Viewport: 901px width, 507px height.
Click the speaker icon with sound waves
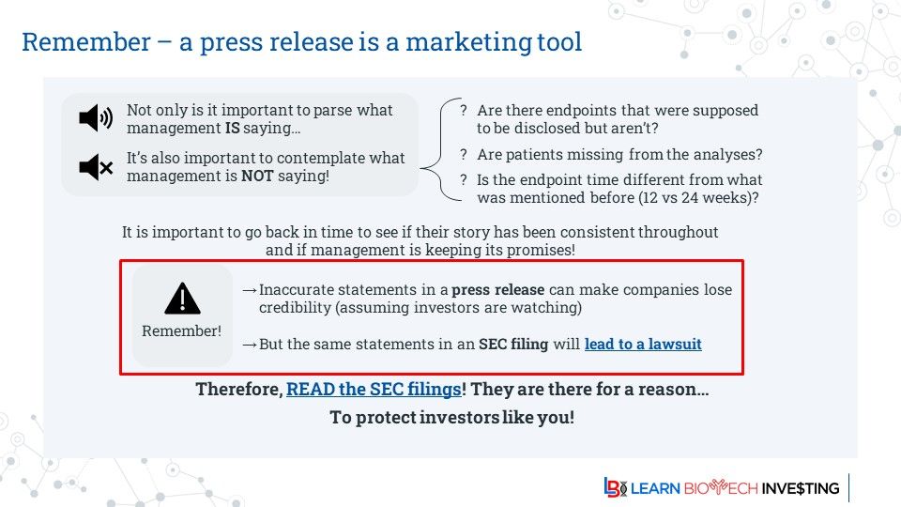[96, 118]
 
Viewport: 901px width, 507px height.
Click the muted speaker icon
[96, 167]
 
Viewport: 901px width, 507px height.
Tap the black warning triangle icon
[182, 299]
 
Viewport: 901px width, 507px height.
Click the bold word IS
[232, 128]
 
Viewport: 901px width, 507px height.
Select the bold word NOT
[257, 176]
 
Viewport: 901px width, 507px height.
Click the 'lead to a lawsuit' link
[643, 344]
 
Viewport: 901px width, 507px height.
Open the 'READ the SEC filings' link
[374, 389]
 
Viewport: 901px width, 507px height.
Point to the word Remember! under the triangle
[181, 331]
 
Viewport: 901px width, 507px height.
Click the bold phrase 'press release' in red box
[497, 290]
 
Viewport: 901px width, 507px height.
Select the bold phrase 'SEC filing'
[513, 344]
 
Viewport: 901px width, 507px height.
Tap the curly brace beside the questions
[441, 150]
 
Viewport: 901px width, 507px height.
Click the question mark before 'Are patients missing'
[464, 154]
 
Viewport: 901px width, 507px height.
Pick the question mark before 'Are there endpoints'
[464, 110]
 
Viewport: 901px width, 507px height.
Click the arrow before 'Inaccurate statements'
[250, 290]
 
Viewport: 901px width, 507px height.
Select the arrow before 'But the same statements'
[250, 345]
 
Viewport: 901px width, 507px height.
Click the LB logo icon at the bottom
[615, 487]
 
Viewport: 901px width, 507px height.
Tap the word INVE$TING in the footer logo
[801, 488]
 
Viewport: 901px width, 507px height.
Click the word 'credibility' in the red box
[296, 308]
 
